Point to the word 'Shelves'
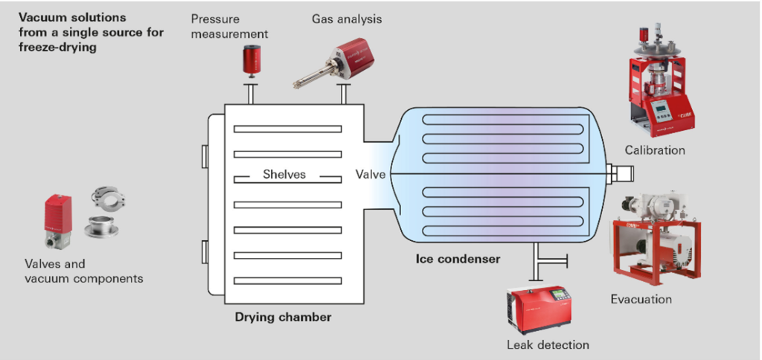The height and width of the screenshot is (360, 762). tap(284, 175)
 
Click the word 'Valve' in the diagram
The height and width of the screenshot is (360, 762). tap(370, 175)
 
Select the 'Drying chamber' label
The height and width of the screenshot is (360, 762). tap(283, 318)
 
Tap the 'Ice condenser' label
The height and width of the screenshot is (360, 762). tap(458, 260)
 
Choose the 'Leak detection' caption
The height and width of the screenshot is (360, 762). tap(548, 344)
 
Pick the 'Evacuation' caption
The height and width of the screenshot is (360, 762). tap(641, 300)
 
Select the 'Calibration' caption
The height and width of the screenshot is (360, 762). tap(655, 151)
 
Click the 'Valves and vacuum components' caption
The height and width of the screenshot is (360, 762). tap(83, 271)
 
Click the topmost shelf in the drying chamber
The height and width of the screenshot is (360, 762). tap(287, 129)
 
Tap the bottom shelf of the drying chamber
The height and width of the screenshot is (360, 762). tap(287, 280)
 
